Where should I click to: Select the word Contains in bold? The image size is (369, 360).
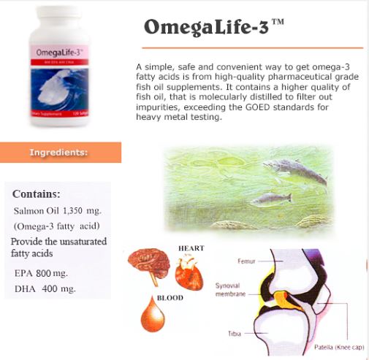point(36,194)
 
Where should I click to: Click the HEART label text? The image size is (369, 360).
point(191,248)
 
